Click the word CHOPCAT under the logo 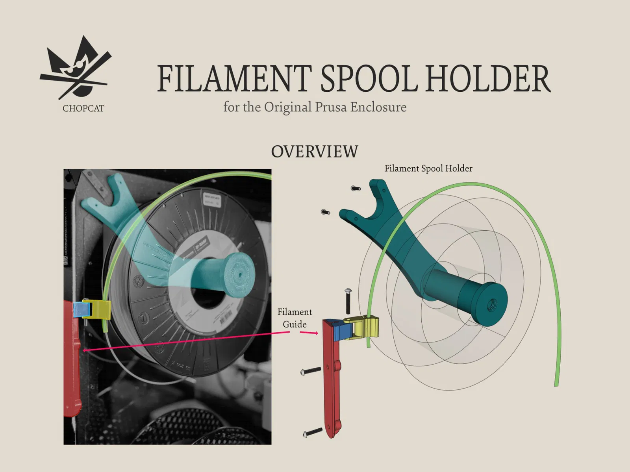(x=83, y=109)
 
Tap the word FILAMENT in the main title (x=234, y=79)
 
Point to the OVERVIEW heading (x=315, y=152)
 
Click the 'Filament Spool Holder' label (x=428, y=168)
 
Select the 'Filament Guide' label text (x=295, y=318)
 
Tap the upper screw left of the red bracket (x=311, y=371)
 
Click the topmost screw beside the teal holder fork (x=356, y=189)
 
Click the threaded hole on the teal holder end (x=491, y=304)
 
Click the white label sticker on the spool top (x=212, y=200)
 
